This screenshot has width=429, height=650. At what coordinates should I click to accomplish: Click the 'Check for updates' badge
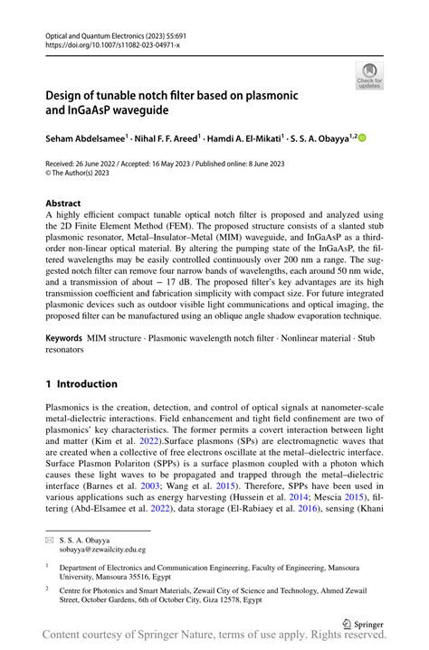pyautogui.click(x=368, y=75)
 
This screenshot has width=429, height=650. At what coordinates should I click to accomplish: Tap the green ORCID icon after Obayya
pyautogui.click(x=364, y=138)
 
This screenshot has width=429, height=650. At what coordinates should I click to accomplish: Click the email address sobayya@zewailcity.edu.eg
pyautogui.click(x=101, y=549)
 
